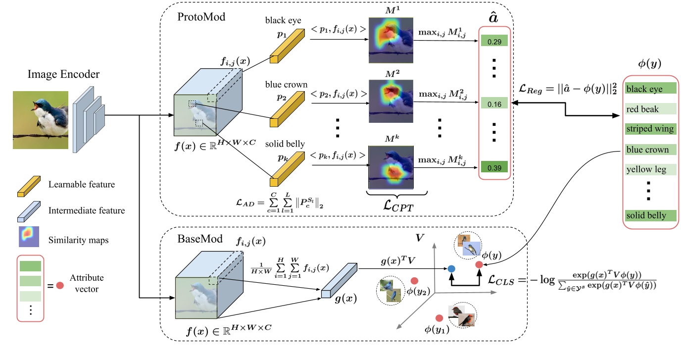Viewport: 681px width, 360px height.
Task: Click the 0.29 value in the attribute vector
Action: pos(493,42)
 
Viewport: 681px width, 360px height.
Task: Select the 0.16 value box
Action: pos(493,104)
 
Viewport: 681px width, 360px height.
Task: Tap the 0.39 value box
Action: pos(493,168)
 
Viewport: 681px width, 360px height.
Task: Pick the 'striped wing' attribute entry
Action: pos(649,129)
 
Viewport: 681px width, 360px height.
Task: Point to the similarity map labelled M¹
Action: pos(390,40)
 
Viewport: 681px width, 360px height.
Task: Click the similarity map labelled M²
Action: pos(390,101)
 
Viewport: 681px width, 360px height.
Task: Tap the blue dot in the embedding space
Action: pos(451,269)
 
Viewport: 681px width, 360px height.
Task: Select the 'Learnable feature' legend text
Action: pos(82,185)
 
